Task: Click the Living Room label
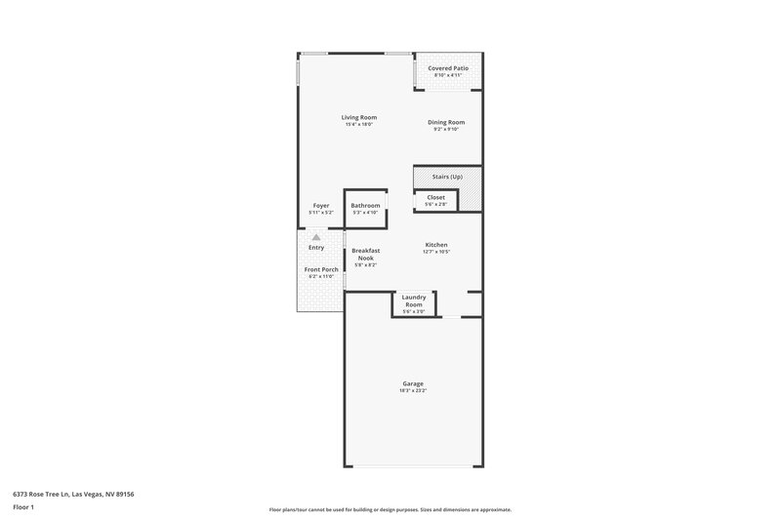[359, 117]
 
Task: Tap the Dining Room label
[447, 122]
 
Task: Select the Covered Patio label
[448, 68]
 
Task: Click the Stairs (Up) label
[447, 177]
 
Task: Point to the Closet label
[435, 197]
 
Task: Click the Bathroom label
[365, 205]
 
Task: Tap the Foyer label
[321, 205]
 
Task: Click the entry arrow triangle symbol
[315, 235]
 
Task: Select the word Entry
[315, 247]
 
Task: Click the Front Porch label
[320, 269]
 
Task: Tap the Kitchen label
[436, 245]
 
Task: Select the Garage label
[413, 383]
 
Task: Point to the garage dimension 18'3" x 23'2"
[413, 390]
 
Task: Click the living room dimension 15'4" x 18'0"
[359, 124]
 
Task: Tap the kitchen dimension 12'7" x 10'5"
[436, 252]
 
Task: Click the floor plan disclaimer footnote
[390, 509]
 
